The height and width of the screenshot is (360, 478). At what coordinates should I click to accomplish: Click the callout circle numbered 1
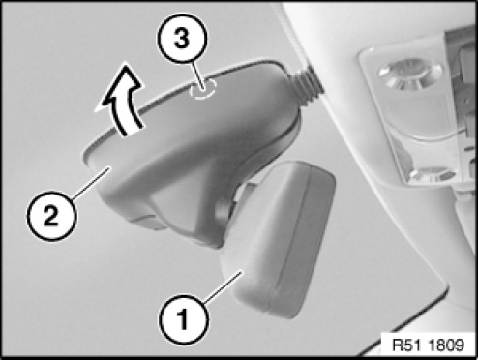[x=183, y=319]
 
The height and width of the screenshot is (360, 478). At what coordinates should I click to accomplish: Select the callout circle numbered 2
[x=51, y=215]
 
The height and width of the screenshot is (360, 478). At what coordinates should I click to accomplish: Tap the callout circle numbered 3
[x=182, y=38]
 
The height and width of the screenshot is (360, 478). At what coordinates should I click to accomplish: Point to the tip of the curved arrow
[x=125, y=65]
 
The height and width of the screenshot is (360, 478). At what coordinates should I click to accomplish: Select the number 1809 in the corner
[x=446, y=345]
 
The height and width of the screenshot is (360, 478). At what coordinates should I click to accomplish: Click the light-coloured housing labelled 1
[x=278, y=239]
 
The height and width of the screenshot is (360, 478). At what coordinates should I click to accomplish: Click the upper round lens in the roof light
[x=409, y=74]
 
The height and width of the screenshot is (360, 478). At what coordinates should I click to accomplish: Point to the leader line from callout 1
[x=223, y=287]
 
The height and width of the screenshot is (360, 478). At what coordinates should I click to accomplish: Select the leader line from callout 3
[x=197, y=75]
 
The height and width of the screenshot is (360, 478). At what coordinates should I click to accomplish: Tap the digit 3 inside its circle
[x=182, y=39]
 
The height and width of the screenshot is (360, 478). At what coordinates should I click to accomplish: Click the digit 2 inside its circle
[x=51, y=215]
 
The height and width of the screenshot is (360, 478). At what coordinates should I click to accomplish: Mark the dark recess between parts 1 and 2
[x=225, y=210]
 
